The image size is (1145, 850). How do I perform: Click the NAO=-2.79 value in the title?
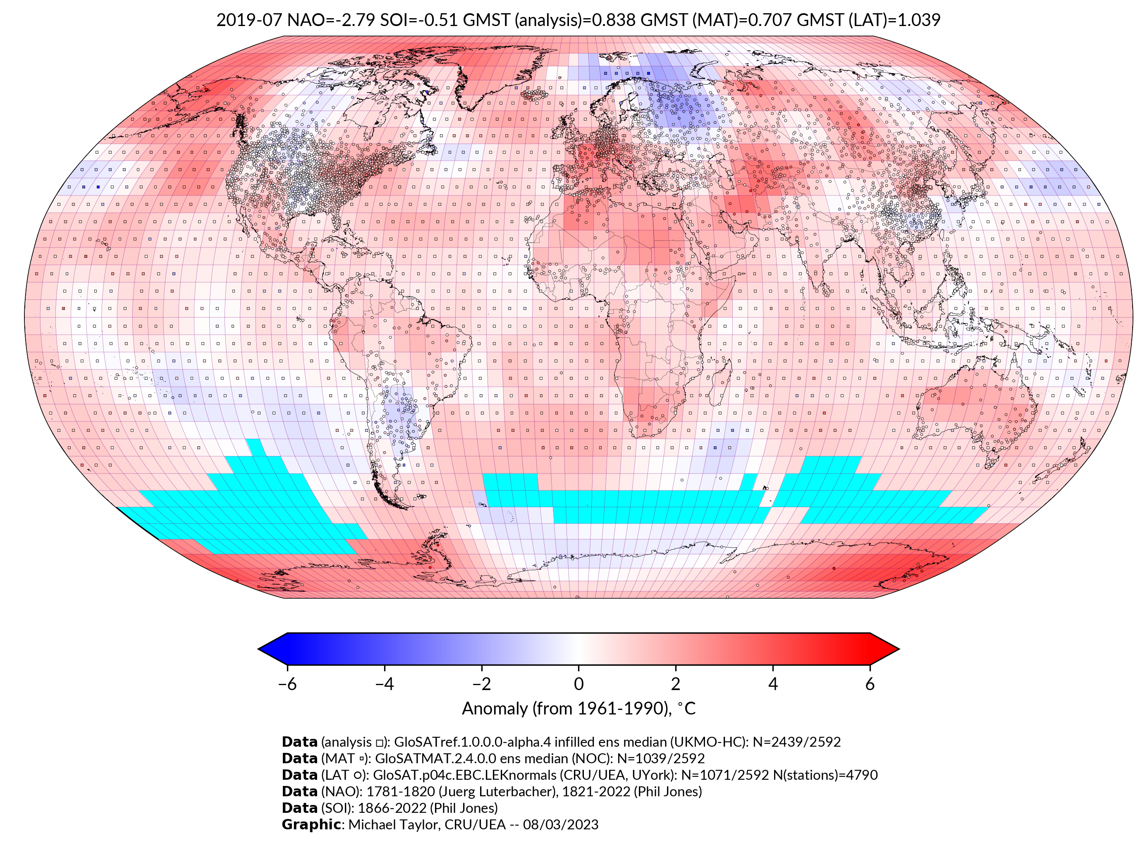coord(330,20)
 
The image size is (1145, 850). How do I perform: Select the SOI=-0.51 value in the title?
coord(419,20)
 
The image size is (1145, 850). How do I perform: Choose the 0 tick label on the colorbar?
coord(578,684)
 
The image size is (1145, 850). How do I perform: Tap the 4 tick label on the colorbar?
coord(773,684)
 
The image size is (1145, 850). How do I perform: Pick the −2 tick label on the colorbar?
coord(481,684)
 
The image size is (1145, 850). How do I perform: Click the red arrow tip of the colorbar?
coord(885,649)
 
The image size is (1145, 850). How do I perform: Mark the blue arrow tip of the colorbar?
coord(271,649)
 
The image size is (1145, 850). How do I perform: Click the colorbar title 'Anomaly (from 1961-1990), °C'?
coord(578,709)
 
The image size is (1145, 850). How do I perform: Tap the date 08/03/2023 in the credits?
coord(560,825)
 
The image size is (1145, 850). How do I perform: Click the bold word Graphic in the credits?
coord(311,825)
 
